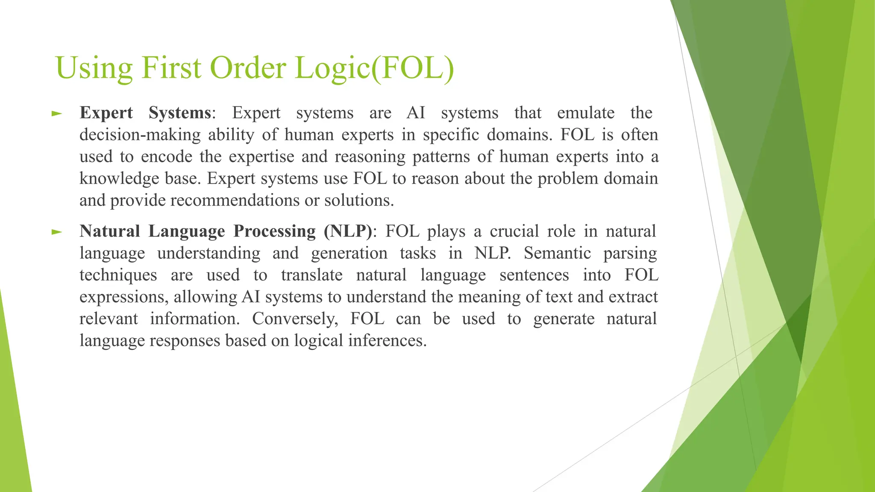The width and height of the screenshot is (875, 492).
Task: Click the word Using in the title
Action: tap(94, 68)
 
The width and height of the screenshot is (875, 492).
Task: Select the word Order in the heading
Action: tap(248, 68)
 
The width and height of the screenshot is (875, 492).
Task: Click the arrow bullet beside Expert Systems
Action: tap(56, 114)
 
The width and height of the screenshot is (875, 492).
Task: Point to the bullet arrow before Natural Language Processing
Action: tap(56, 232)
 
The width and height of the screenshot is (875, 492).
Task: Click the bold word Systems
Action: tap(180, 113)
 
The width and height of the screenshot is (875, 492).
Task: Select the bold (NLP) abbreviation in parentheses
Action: tap(348, 231)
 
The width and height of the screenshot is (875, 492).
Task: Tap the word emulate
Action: tap(586, 113)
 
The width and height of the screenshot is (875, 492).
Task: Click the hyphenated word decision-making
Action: tap(140, 135)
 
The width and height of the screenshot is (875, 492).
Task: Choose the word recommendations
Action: tap(235, 200)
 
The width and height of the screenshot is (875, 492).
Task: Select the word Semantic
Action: tap(558, 253)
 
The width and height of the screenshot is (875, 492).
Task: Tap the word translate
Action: tap(312, 275)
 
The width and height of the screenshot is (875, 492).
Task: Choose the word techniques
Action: tap(118, 275)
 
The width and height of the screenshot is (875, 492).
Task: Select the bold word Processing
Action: tap(275, 231)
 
